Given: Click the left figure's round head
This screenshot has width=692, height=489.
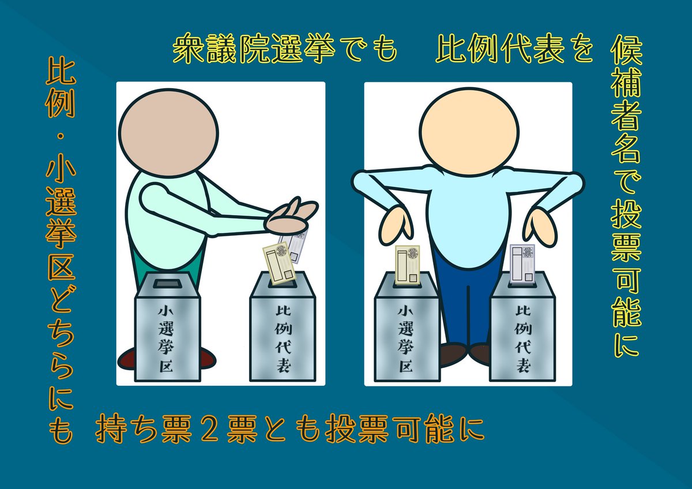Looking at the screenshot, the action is (168, 133).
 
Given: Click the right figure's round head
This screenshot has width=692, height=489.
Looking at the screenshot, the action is (469, 131).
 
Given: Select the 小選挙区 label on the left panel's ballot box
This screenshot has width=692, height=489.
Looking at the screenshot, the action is (166, 339).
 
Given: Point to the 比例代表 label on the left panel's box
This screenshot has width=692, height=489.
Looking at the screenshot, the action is (283, 338).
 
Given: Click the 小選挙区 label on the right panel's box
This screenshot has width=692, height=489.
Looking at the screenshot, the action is (405, 338).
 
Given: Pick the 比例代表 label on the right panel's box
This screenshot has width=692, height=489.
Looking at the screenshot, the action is (523, 338).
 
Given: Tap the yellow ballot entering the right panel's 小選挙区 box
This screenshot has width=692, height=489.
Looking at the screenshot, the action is (407, 265).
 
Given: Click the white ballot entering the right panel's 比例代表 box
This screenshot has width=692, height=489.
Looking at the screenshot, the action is (522, 263).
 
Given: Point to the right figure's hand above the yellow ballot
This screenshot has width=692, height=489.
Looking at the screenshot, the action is (396, 225).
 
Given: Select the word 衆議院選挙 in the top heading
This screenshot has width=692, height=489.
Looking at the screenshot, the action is (254, 48).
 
